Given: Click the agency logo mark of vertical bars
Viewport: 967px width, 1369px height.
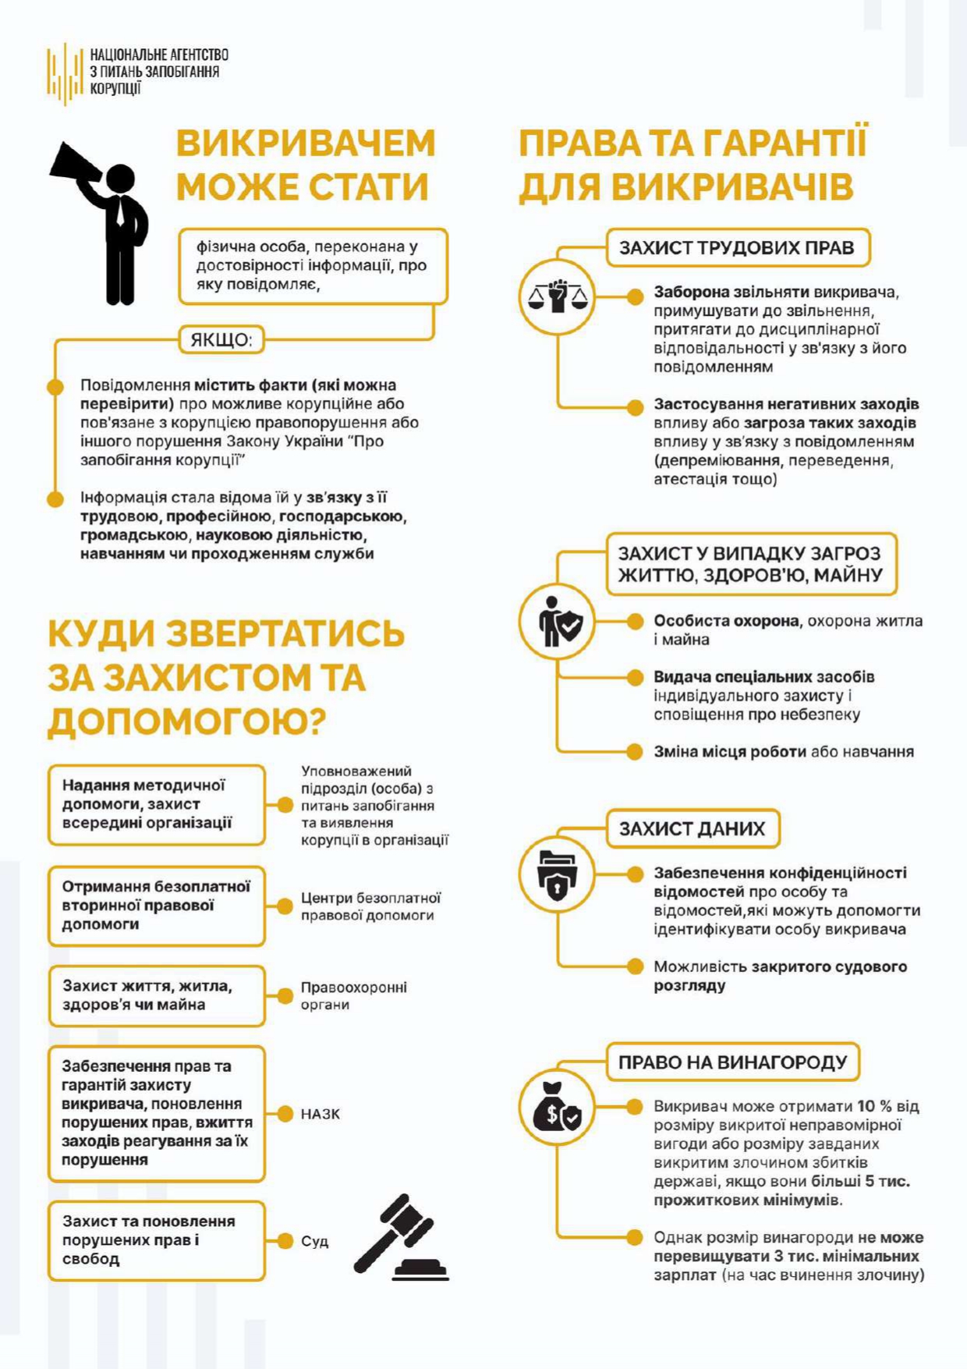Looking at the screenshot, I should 64,73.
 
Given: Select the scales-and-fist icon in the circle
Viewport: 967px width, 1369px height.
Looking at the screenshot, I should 557,296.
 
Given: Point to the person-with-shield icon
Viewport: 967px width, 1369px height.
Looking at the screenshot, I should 557,622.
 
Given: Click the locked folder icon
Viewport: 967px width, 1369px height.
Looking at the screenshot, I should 557,874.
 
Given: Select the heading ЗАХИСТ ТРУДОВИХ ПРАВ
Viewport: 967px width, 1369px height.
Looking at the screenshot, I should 737,248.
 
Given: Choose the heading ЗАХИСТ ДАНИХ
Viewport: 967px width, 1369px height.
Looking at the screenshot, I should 692,828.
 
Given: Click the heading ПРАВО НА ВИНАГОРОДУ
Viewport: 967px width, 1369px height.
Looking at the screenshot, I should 732,1062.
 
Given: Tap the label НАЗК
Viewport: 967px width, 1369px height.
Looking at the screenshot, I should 321,1114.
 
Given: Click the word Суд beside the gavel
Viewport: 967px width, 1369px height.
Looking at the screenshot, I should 315,1241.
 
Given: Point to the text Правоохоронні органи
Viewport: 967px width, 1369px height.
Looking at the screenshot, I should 354,996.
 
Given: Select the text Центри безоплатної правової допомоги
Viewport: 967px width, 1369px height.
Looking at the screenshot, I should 370,906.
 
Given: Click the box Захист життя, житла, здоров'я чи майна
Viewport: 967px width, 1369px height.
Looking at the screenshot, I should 156,995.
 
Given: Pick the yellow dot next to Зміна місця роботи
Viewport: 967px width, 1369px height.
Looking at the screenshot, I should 636,751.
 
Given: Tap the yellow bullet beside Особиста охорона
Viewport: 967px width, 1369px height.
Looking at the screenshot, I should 636,621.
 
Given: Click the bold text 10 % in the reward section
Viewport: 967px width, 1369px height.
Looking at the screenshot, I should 874,1106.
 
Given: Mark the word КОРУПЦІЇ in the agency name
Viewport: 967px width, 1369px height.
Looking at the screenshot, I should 115,88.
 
